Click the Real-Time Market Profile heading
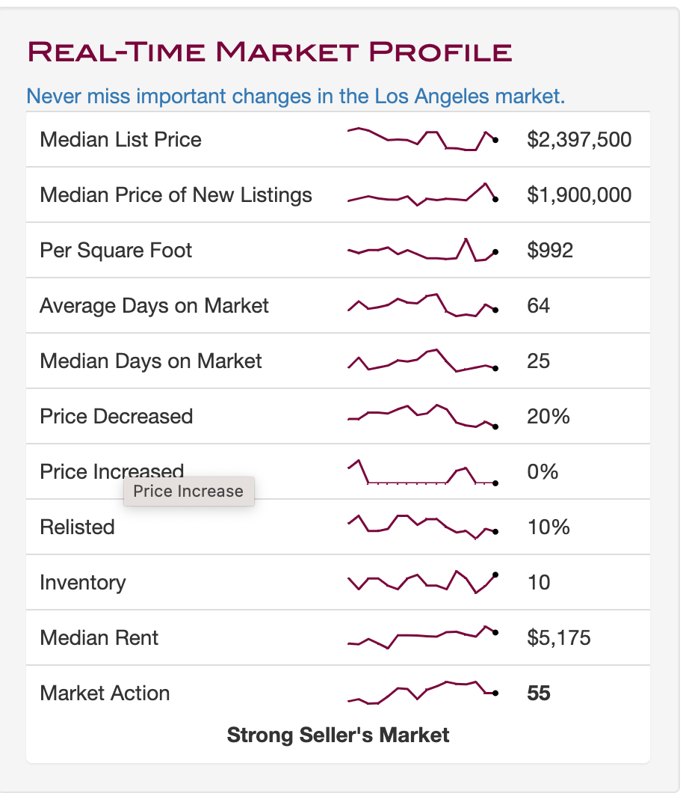click(270, 52)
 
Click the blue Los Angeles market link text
click(295, 96)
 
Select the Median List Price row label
click(121, 140)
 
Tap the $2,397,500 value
click(579, 140)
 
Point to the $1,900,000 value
click(579, 195)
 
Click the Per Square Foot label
click(116, 251)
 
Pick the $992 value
click(550, 251)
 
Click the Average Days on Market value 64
click(539, 305)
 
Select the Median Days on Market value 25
click(539, 361)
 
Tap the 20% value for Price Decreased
click(548, 416)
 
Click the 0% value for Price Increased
click(543, 472)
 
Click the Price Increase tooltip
click(189, 491)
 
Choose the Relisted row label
click(77, 527)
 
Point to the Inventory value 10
click(539, 583)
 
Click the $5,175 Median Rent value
click(559, 637)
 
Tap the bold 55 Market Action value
click(539, 693)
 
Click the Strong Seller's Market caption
click(338, 735)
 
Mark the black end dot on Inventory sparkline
click(495, 575)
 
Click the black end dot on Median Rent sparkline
click(495, 632)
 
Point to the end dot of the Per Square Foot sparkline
click(495, 252)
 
